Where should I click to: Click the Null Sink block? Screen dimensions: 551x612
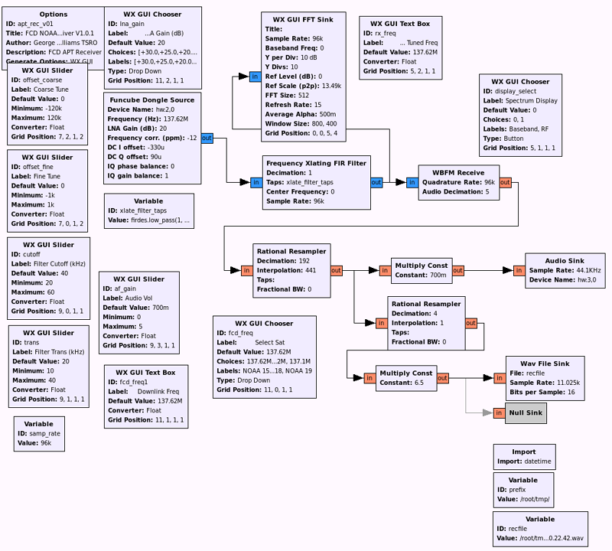[x=526, y=413]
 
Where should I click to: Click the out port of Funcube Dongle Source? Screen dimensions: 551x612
[x=207, y=139]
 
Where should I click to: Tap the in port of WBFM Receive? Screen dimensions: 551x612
[x=412, y=183]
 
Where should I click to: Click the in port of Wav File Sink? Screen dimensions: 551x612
[x=499, y=378]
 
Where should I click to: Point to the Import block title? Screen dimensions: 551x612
[x=523, y=452]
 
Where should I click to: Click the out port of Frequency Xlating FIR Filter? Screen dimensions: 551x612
[x=376, y=183]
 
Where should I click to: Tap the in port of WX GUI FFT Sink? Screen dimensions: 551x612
[x=255, y=77]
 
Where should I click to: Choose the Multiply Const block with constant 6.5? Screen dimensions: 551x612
[x=405, y=378]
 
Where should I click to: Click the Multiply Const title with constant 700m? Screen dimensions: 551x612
[x=420, y=266]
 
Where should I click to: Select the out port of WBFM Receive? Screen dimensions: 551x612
[x=505, y=183]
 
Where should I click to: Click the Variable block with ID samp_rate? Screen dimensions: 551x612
[x=39, y=433]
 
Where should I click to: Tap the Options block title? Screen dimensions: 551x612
[x=53, y=14]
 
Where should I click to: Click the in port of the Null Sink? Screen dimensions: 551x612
[x=499, y=413]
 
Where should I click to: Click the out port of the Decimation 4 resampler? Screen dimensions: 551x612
[x=470, y=324]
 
